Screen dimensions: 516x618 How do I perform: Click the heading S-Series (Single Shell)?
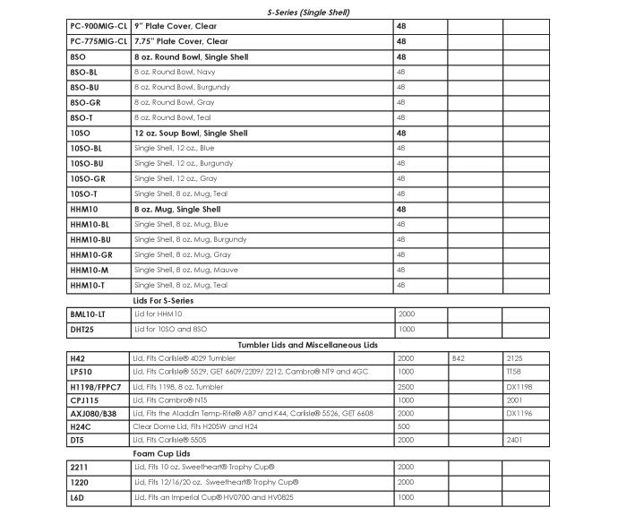pos(307,13)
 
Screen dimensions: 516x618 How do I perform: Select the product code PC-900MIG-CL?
pos(99,26)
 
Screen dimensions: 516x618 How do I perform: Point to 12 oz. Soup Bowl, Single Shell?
pos(191,133)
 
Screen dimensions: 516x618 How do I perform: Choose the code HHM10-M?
pos(90,270)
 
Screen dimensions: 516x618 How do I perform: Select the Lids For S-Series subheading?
pos(163,300)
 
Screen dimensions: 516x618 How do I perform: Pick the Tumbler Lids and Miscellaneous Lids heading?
pos(307,344)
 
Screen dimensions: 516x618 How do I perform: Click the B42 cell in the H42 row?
pos(459,357)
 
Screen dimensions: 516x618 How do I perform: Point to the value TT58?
pos(514,372)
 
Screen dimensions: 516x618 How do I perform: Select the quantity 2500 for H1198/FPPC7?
pos(406,386)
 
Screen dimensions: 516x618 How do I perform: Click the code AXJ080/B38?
pos(94,413)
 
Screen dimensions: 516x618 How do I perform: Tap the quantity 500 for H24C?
pos(403,426)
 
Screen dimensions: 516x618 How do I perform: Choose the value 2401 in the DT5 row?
pos(514,440)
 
